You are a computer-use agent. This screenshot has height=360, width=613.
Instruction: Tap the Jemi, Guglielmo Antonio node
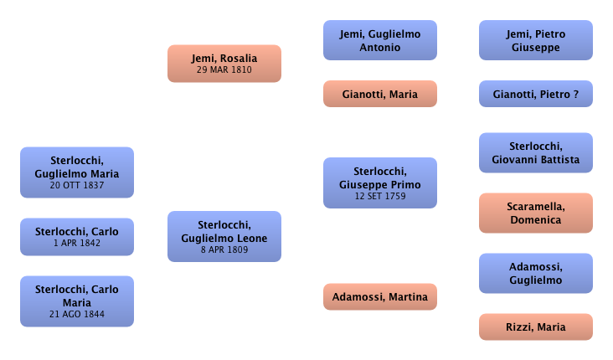(x=380, y=40)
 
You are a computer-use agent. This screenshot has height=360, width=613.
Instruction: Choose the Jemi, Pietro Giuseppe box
(x=535, y=40)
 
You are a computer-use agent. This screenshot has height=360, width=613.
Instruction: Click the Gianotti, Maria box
(x=380, y=94)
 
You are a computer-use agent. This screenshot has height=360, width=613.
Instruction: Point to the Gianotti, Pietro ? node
(x=535, y=95)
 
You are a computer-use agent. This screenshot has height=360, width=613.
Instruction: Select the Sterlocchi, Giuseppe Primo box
(x=380, y=183)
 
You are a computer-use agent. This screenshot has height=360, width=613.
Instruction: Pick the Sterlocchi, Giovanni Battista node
(x=535, y=153)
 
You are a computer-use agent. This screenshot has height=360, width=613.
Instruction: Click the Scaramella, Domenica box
(x=535, y=213)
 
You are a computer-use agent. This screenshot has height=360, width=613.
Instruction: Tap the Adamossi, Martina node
(x=380, y=296)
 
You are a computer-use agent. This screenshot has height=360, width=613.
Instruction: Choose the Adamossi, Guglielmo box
(x=535, y=273)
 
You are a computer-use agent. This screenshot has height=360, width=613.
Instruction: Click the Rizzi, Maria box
(x=535, y=327)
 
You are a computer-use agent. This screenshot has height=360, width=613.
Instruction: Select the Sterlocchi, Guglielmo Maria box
(x=76, y=173)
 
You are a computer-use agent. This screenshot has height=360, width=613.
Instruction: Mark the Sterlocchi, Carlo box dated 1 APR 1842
(x=76, y=237)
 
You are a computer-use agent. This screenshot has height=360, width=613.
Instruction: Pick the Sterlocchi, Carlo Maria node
(x=76, y=301)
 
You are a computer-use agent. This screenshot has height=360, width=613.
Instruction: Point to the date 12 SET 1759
(x=380, y=197)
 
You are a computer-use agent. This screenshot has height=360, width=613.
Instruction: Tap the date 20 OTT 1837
(x=76, y=185)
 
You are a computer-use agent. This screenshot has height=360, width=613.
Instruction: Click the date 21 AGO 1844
(x=76, y=314)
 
